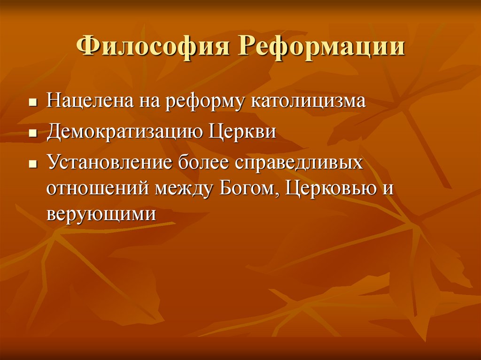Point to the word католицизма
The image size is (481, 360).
pos(308,100)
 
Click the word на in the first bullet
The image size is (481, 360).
pos(148,101)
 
